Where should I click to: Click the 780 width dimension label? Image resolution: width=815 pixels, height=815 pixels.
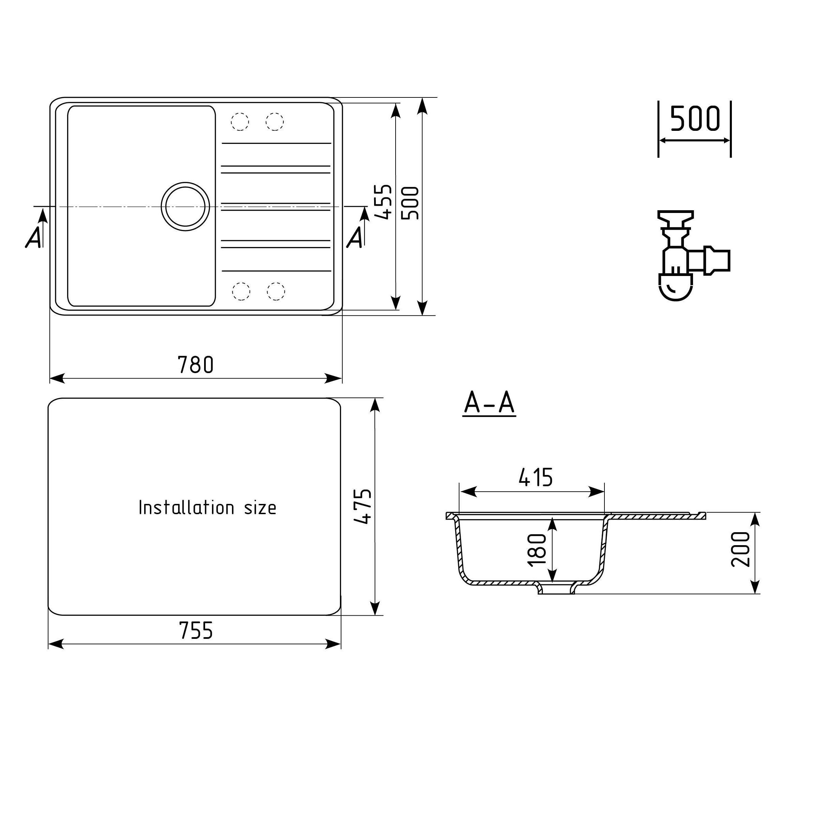pyautogui.click(x=196, y=365)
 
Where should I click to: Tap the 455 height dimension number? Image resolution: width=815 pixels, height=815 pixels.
pyautogui.click(x=383, y=202)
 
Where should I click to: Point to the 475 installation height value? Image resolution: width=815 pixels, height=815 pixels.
pyautogui.click(x=363, y=506)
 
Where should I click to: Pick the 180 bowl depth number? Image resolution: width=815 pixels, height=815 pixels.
pyautogui.click(x=537, y=550)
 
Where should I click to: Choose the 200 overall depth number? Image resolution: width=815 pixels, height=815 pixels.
pyautogui.click(x=741, y=549)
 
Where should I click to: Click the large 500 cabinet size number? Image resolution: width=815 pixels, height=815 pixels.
pyautogui.click(x=695, y=119)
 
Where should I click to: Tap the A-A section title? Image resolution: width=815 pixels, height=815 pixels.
pyautogui.click(x=489, y=403)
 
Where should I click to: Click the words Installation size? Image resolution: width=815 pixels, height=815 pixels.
pyautogui.click(x=207, y=507)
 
